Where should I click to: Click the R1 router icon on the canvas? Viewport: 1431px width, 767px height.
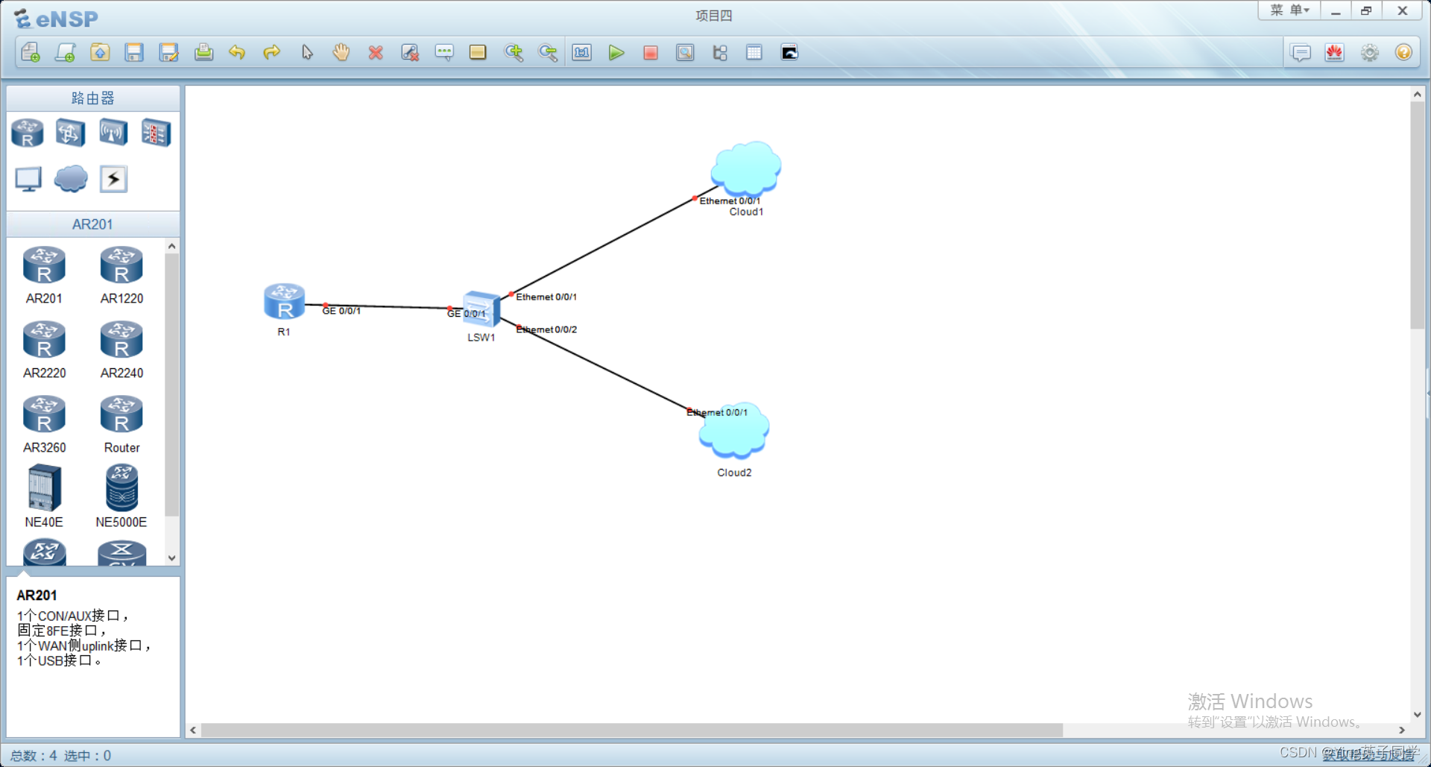point(284,302)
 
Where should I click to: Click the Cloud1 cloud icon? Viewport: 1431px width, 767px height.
point(745,168)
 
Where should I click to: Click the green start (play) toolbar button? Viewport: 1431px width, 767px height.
point(616,53)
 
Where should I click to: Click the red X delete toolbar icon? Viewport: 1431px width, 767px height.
point(376,53)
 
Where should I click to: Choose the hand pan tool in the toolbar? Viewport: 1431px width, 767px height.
point(341,53)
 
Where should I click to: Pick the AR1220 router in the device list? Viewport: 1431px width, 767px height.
point(121,267)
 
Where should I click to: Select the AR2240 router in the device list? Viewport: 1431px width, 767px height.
point(121,341)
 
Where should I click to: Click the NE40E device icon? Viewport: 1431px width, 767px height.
point(44,488)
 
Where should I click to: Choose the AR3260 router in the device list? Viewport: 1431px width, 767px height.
point(44,416)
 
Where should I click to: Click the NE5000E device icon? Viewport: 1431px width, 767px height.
point(121,488)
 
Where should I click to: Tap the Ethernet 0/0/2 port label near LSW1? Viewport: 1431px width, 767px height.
point(547,329)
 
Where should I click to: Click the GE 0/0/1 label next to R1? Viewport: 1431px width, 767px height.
point(342,311)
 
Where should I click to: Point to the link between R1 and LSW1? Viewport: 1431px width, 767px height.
point(388,306)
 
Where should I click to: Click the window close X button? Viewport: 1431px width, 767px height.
point(1402,11)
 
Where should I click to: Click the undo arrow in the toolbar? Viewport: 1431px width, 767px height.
point(237,53)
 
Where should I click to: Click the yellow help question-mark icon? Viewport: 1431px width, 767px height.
point(1403,53)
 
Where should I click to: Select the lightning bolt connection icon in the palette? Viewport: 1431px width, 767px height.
point(113,179)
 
